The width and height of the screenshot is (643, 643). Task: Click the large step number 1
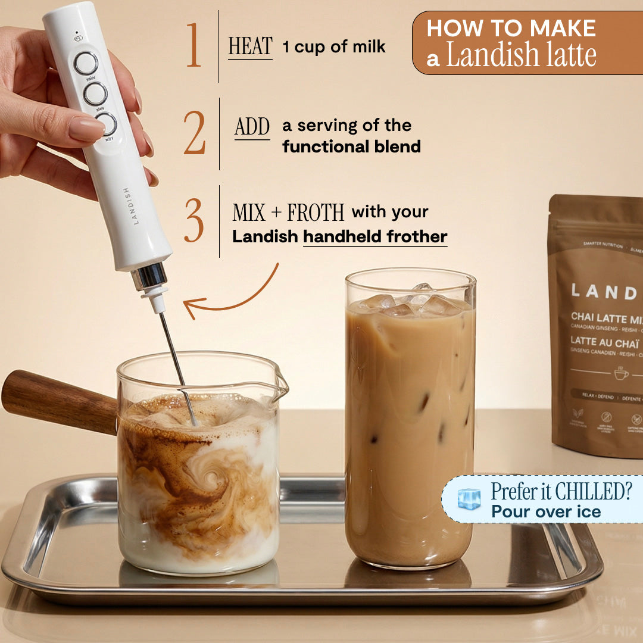point(194,46)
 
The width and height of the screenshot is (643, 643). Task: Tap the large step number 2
point(194,133)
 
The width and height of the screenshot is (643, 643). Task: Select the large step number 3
point(194,221)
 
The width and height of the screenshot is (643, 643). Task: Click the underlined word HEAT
point(250,47)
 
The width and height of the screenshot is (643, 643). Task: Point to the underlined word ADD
point(252,126)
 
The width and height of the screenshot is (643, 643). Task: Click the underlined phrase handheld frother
point(375,236)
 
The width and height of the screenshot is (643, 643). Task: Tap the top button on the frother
point(86,63)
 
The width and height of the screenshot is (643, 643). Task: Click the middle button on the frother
point(95,93)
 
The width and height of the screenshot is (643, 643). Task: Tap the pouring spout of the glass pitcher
point(279,388)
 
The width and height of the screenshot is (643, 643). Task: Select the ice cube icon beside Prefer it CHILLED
point(469,498)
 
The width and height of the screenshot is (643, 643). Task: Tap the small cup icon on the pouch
point(621,373)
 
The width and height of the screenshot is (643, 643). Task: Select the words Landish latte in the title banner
point(521,55)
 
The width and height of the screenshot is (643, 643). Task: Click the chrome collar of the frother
point(149,277)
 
